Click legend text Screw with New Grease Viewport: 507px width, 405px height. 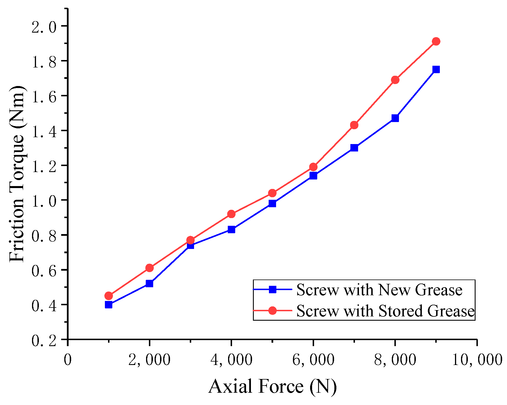pos(379,290)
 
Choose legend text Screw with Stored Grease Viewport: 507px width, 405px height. pos(385,311)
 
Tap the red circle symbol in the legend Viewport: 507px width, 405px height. pos(273,310)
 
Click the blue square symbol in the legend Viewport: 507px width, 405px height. pos(273,289)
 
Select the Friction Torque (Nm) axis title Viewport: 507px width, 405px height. pos(17,174)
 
